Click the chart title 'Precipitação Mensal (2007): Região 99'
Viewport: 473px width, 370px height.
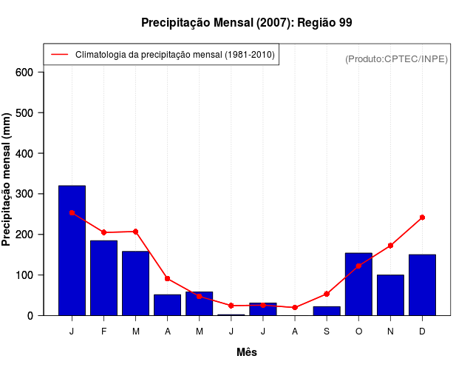(x=246, y=23)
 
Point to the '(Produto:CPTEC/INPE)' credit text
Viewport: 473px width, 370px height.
(x=396, y=58)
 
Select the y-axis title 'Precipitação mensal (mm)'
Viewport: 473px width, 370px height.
(x=7, y=180)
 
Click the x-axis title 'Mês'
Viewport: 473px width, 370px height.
(x=247, y=352)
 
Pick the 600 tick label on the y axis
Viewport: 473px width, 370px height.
(x=24, y=73)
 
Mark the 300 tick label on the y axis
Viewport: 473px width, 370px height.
(x=24, y=194)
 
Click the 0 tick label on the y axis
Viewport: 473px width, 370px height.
(x=30, y=315)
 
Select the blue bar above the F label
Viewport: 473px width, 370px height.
(x=103, y=277)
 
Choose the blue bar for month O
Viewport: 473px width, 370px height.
(x=358, y=284)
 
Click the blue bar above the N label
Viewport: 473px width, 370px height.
(x=390, y=295)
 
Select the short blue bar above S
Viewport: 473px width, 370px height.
(x=327, y=311)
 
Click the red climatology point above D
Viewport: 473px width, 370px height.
(x=422, y=218)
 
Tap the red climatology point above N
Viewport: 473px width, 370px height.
(x=390, y=246)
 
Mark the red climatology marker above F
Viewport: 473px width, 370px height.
(x=103, y=232)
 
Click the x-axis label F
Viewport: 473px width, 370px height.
(x=103, y=332)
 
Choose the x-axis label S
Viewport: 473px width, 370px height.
(x=327, y=332)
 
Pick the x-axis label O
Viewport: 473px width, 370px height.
(x=358, y=332)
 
